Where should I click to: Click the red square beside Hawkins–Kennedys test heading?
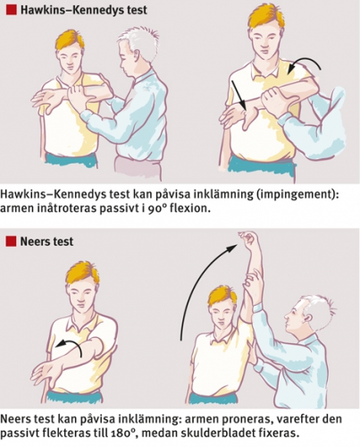pyautogui.click(x=11, y=10)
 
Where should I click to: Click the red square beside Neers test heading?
pyautogui.click(x=11, y=240)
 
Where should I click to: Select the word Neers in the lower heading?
pyautogui.click(x=33, y=241)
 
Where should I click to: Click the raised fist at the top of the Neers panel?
pyautogui.click(x=249, y=240)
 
